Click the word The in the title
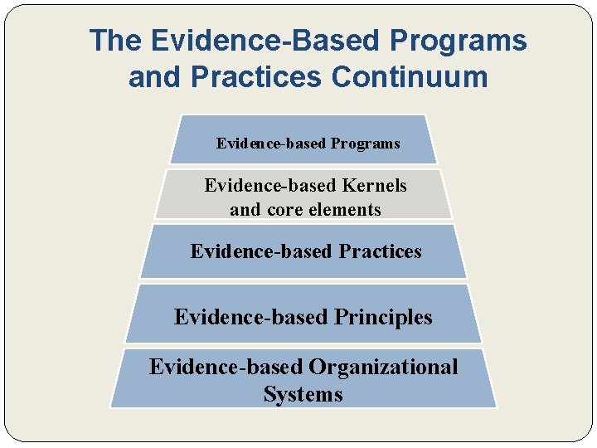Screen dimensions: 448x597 click(116, 40)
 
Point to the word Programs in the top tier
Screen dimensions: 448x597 click(365, 144)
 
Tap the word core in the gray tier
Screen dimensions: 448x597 click(283, 210)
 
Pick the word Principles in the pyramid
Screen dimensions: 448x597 click(383, 317)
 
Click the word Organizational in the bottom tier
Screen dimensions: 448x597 click(383, 367)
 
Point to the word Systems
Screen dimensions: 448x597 click(303, 394)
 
